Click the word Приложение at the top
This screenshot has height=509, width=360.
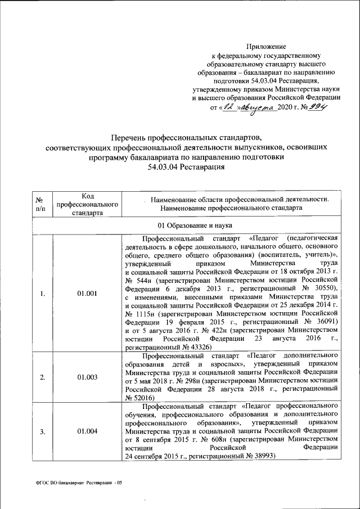(267, 46)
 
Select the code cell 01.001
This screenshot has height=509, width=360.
(87, 293)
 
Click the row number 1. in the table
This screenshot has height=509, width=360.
(43, 293)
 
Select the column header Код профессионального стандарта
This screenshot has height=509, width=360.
(87, 204)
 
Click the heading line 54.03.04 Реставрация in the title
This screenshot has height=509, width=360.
(186, 167)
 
